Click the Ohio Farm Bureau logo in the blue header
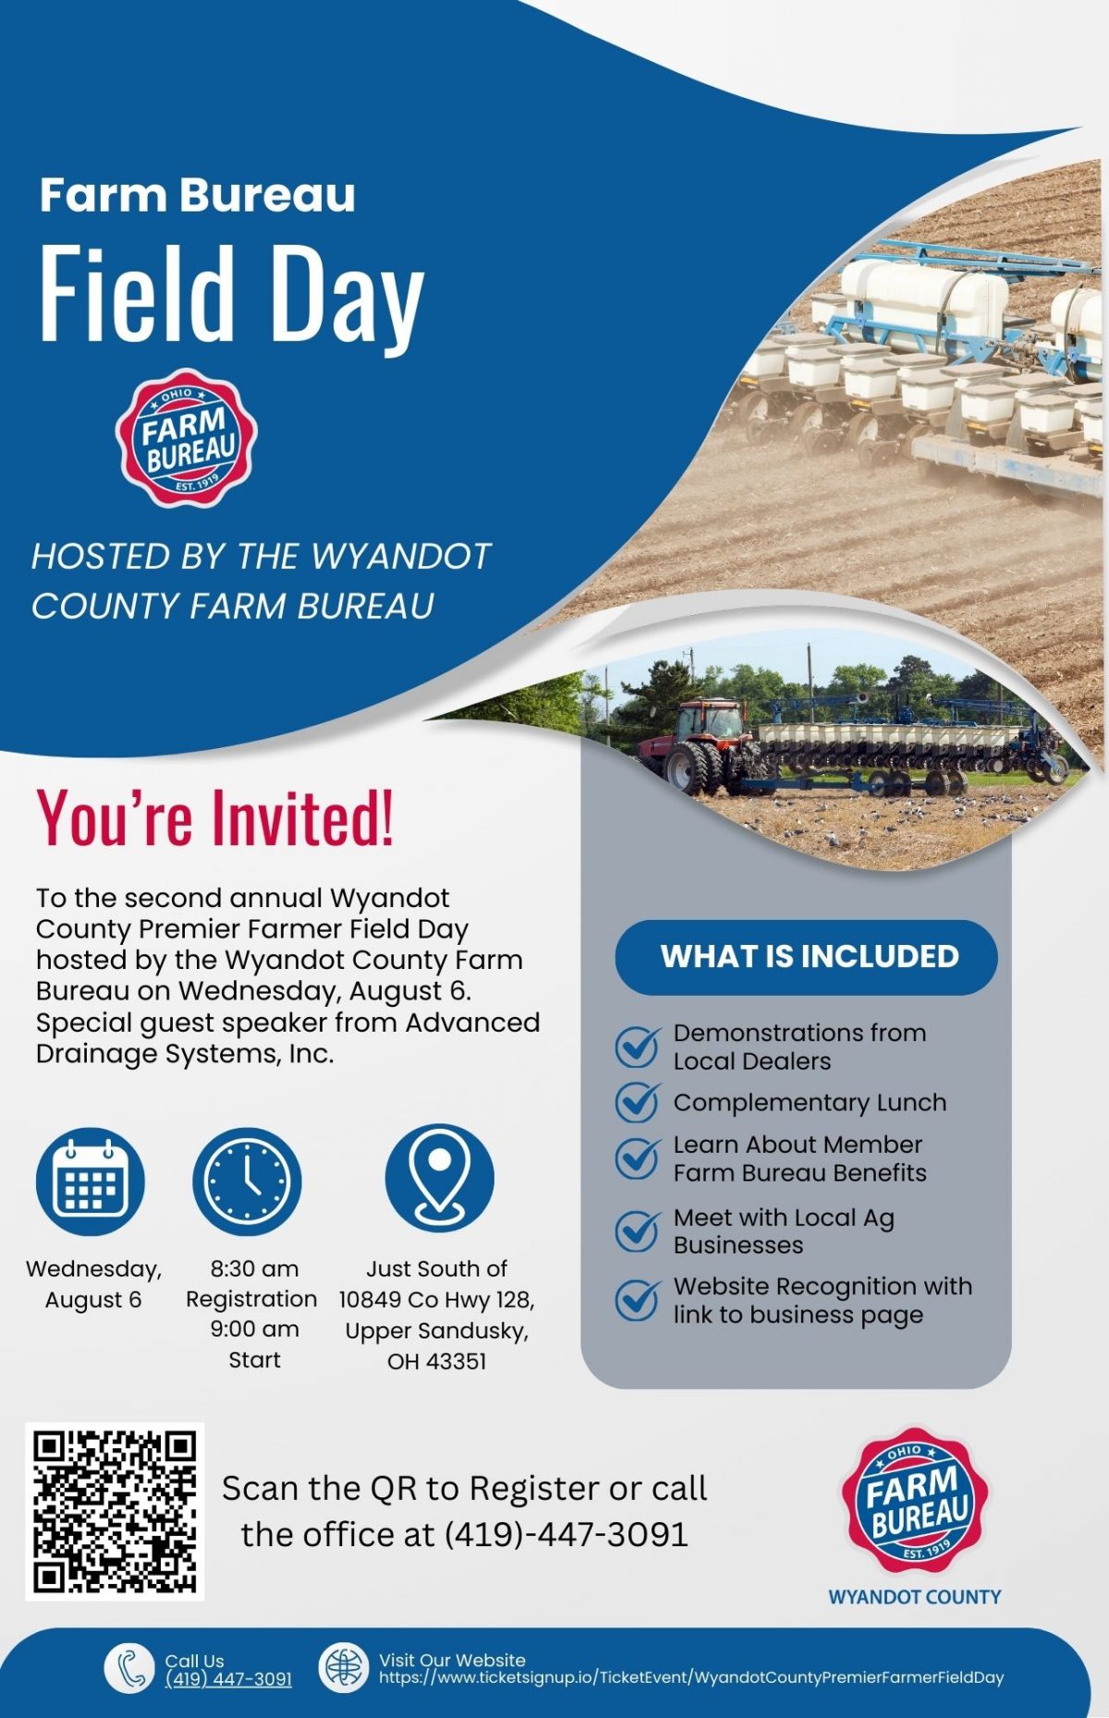(x=187, y=438)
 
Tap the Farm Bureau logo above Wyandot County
(x=915, y=1501)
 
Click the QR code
(x=115, y=1512)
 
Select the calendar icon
(x=91, y=1181)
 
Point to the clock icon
(x=247, y=1181)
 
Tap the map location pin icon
(x=440, y=1178)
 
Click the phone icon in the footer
(x=129, y=1669)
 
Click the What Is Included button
(x=806, y=957)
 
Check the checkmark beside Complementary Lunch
(x=638, y=1101)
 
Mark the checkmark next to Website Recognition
(x=638, y=1300)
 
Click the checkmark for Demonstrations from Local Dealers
(x=638, y=1047)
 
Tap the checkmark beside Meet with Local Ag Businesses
(x=638, y=1230)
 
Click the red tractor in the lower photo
(x=700, y=747)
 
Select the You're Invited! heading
(x=214, y=817)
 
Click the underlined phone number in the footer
(x=228, y=1679)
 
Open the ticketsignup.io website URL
(x=690, y=1678)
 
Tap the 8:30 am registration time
(x=254, y=1269)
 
